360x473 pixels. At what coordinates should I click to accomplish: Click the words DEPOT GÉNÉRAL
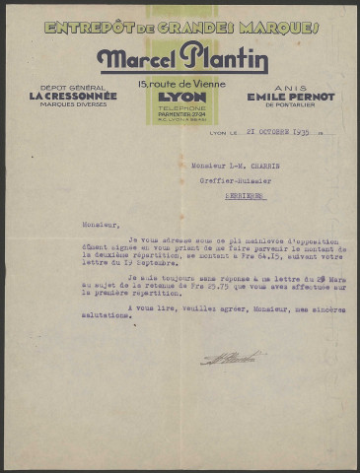(x=68, y=87)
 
